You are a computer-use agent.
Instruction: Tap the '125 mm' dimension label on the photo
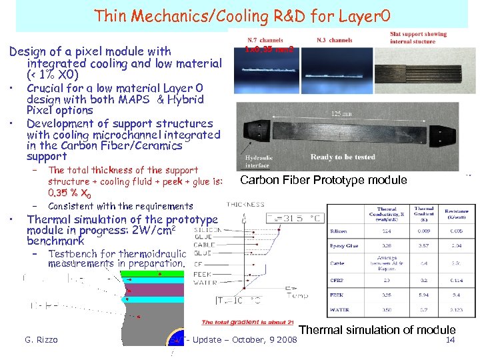tap(343, 114)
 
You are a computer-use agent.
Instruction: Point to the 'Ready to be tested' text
tap(342, 157)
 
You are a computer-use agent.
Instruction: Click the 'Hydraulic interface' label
tap(258, 161)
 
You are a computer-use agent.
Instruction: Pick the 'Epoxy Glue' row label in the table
tap(345, 246)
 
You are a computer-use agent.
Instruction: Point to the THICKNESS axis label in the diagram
tap(245, 205)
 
